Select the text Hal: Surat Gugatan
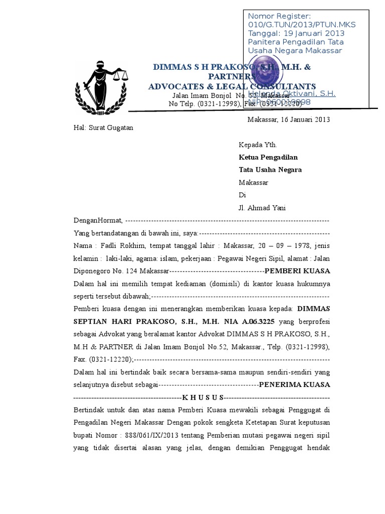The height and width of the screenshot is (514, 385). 103,128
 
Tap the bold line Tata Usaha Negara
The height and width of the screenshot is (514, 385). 270,170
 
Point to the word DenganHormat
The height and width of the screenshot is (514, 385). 97,221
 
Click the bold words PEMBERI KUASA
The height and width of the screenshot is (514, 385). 297,271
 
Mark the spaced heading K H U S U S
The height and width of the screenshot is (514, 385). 203,397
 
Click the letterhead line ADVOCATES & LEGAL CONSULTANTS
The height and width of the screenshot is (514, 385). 232,86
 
